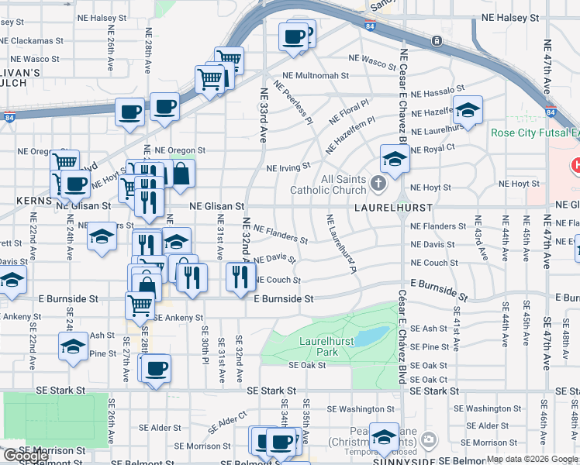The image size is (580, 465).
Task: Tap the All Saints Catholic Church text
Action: click(x=327, y=184)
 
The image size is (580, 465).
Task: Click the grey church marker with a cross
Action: click(x=378, y=184)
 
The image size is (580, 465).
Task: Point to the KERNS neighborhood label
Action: click(x=33, y=200)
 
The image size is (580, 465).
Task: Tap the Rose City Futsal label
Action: click(x=534, y=133)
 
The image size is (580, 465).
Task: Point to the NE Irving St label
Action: click(x=288, y=167)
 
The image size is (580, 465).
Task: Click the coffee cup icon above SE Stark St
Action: click(x=156, y=367)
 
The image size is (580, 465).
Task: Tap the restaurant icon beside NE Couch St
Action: click(x=240, y=276)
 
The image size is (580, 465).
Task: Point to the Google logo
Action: click(x=26, y=456)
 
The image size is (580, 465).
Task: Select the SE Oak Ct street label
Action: click(x=428, y=380)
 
